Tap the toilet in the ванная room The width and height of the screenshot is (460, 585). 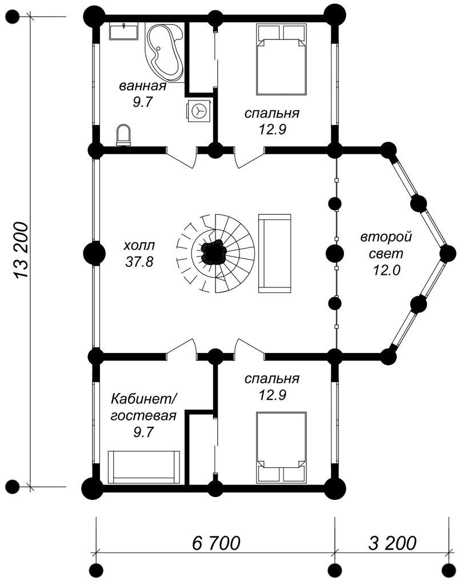pos(123,135)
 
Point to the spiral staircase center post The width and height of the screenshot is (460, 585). pos(213,251)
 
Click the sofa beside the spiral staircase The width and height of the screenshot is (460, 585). pos(275,253)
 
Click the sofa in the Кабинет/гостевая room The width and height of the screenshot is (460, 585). pos(145,466)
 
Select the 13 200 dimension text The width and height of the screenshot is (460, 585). pos(21,251)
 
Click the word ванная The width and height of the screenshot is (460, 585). pos(142,87)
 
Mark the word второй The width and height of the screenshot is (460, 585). pos(386,237)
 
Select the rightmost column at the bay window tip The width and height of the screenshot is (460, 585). pos(447,252)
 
